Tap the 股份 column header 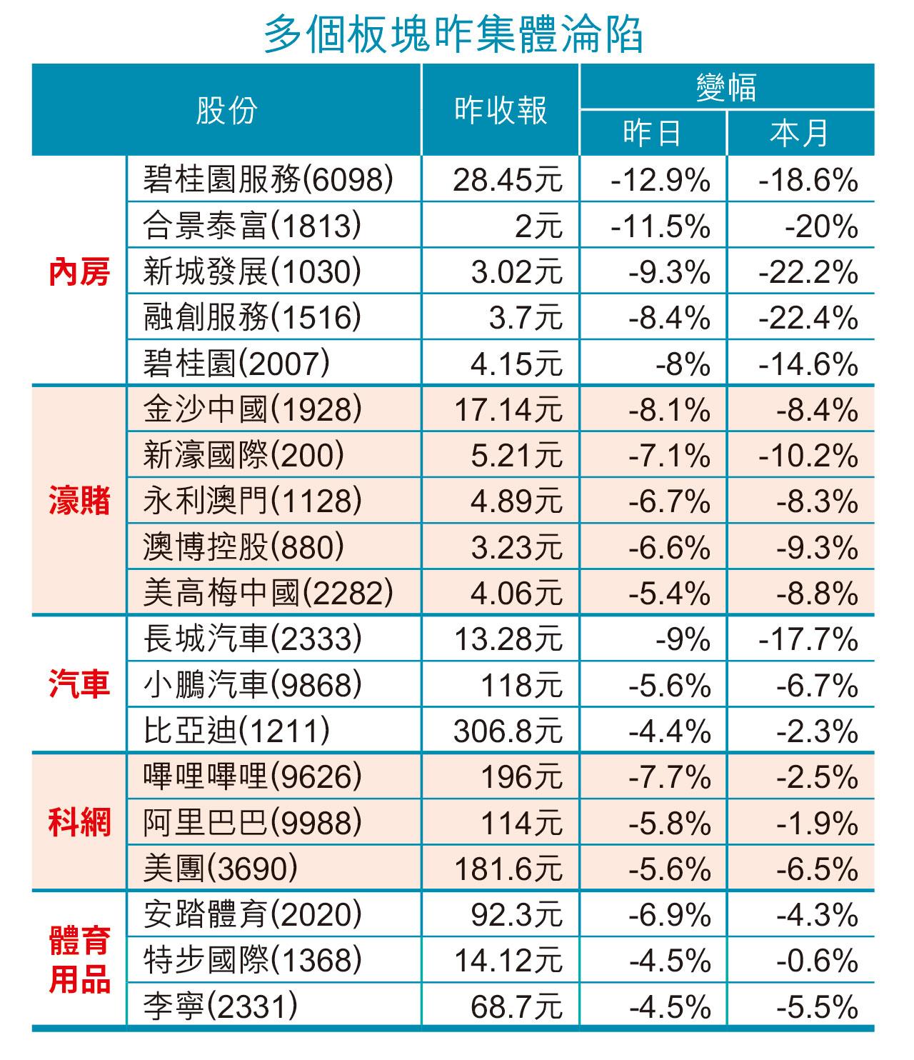(226, 111)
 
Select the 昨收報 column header (501, 111)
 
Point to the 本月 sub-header (800, 134)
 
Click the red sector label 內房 (79, 273)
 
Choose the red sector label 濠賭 (79, 501)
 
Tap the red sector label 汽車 (79, 684)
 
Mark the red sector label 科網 (79, 823)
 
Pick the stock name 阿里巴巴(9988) (251, 824)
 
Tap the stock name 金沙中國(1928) (251, 409)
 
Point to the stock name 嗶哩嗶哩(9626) (251, 777)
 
